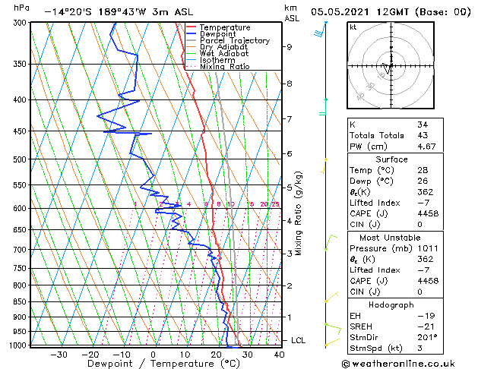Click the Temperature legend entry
tap(224, 27)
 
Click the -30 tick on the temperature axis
tap(59, 355)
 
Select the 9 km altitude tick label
tap(289, 47)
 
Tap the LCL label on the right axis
tap(299, 341)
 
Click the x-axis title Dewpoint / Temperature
tap(153, 364)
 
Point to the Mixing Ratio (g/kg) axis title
tap(299, 213)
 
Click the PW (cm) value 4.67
tap(427, 147)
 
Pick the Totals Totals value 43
tap(422, 135)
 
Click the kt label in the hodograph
tap(353, 27)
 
